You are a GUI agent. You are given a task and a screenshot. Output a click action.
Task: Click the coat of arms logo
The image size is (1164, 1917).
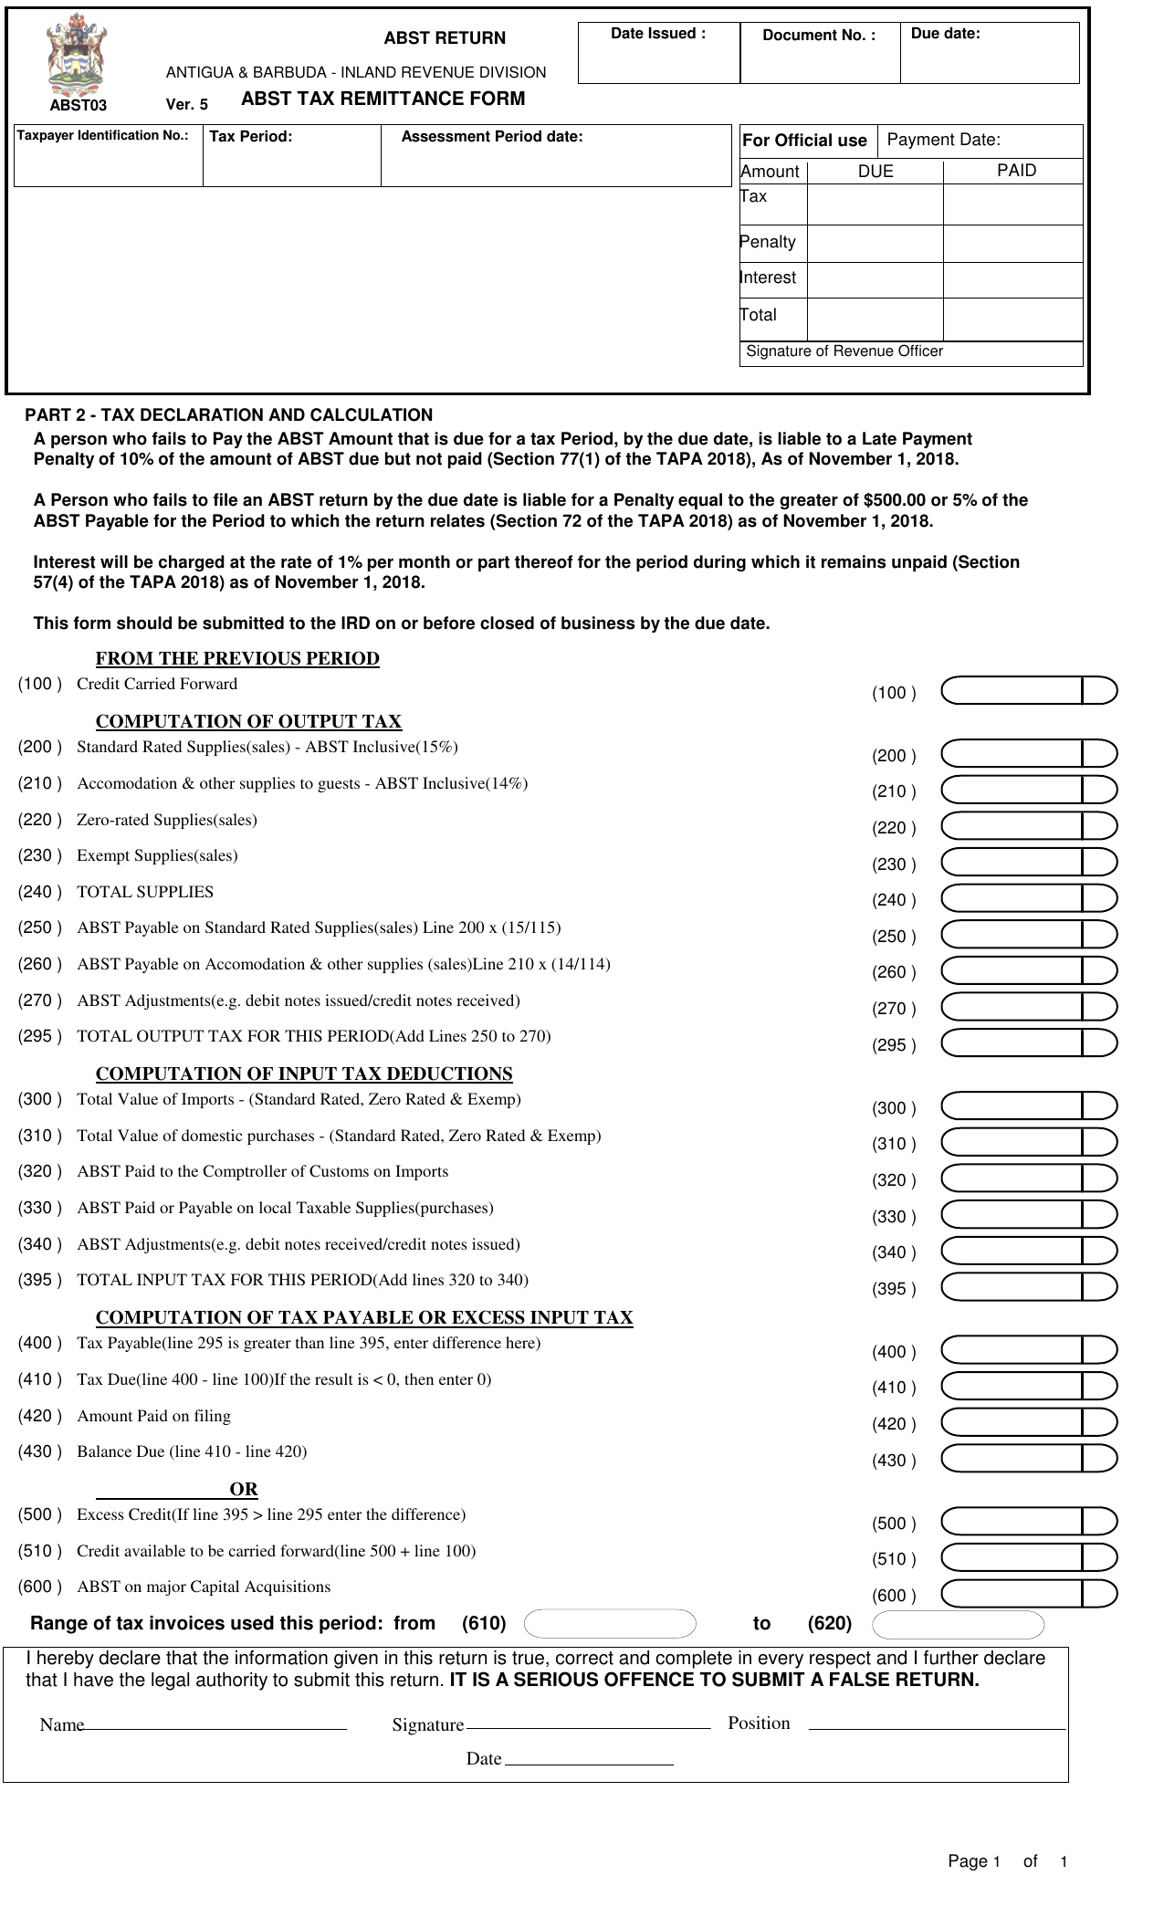pyautogui.click(x=76, y=55)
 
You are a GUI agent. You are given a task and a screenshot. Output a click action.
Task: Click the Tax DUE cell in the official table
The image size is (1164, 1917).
pyautogui.click(x=874, y=204)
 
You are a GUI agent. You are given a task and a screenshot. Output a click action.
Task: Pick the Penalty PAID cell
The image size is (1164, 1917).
pyautogui.click(x=1012, y=244)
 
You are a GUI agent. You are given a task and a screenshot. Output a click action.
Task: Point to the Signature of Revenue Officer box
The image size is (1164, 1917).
pyautogui.click(x=910, y=353)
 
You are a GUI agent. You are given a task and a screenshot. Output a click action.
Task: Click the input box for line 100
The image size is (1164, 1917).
pyautogui.click(x=1012, y=691)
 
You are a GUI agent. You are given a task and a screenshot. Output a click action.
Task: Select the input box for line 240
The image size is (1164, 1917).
pyautogui.click(x=1012, y=898)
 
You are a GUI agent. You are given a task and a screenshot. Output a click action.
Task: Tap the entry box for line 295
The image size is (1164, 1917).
pyautogui.click(x=1012, y=1043)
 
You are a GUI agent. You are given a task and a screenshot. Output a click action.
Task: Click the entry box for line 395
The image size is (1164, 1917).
pyautogui.click(x=1012, y=1287)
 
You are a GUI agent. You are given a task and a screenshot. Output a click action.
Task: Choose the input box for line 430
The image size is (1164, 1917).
pyautogui.click(x=1012, y=1459)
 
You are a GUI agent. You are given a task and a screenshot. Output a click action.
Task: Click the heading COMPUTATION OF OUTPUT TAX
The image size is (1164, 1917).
pyautogui.click(x=248, y=721)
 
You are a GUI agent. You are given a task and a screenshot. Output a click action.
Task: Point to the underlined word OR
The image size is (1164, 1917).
pyautogui.click(x=244, y=1489)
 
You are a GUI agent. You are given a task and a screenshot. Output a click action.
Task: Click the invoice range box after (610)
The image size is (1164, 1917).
pyautogui.click(x=610, y=1624)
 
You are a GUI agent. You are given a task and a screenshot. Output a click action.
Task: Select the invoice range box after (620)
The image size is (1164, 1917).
pyautogui.click(x=958, y=1625)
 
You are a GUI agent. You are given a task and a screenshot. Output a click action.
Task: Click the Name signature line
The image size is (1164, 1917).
pyautogui.click(x=215, y=1725)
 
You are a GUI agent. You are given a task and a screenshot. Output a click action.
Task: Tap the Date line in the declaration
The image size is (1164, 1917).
pyautogui.click(x=589, y=1760)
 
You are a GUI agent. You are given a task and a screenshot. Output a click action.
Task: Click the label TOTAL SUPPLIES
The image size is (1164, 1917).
pyautogui.click(x=145, y=892)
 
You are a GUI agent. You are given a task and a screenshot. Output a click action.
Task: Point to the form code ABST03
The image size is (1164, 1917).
pyautogui.click(x=78, y=105)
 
